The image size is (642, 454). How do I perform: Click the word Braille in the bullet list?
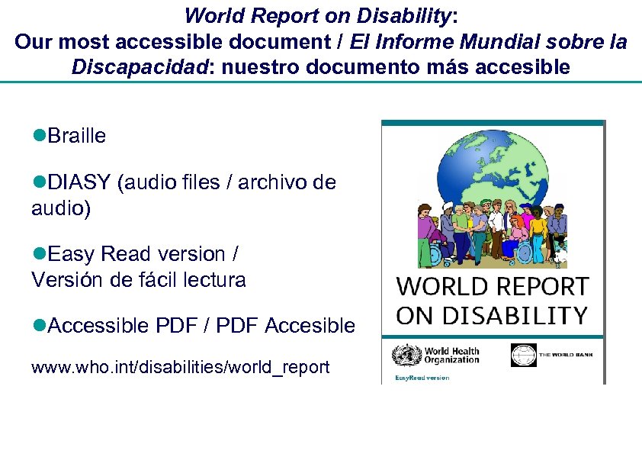pos(76,136)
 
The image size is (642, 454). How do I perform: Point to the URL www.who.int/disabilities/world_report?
pos(181,368)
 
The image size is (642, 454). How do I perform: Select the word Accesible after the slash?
pos(310,327)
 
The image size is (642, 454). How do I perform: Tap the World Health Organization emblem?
pos(401,356)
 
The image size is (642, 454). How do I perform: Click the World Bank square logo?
pos(523,356)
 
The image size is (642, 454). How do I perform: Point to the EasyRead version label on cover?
pos(422,378)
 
